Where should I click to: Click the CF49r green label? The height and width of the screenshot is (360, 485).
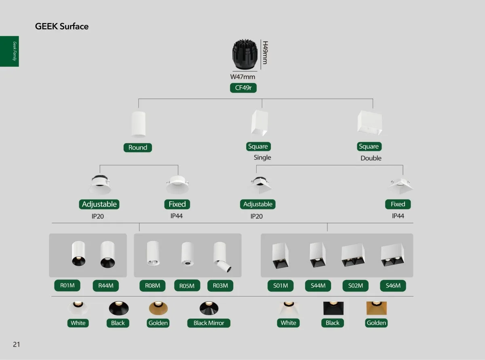coord(243,88)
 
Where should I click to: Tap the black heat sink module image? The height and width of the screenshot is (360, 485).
coord(245,55)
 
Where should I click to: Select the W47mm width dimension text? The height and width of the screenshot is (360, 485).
coord(243,77)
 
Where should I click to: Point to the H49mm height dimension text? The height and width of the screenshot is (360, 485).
coord(265,52)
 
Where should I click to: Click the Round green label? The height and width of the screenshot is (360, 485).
coord(138,148)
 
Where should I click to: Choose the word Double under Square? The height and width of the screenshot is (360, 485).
coord(371,158)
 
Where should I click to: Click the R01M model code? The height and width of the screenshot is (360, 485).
coord(67,286)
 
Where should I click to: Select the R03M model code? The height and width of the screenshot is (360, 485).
coord(220,286)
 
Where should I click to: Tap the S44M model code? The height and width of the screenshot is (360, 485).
coord(318,286)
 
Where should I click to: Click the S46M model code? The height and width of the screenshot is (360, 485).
coord(393,286)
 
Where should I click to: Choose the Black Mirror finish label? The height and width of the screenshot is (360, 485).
coord(209,323)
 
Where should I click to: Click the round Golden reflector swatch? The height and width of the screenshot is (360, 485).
coord(158,308)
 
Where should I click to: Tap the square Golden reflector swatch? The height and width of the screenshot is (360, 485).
coord(377,308)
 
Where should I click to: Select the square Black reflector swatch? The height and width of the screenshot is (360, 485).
coord(333,308)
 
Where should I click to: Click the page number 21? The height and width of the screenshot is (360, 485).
coord(16,345)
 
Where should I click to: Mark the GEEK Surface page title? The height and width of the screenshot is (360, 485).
coord(62,27)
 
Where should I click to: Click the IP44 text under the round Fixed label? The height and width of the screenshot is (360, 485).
coord(177,216)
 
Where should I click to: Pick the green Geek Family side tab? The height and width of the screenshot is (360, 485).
coord(9,51)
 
